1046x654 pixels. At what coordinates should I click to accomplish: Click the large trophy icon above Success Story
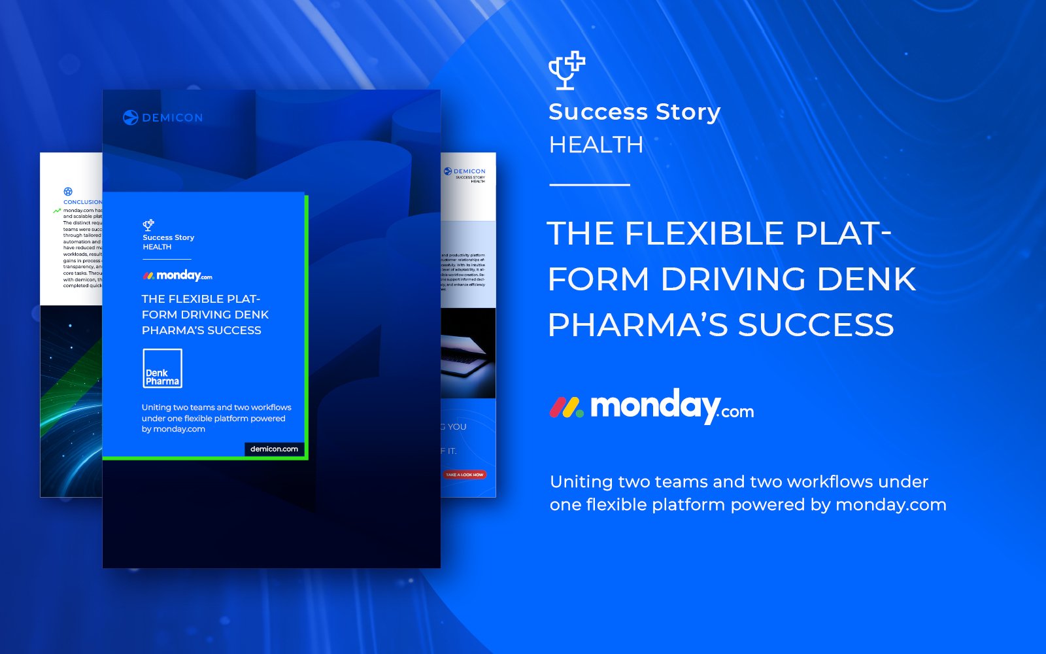(x=566, y=70)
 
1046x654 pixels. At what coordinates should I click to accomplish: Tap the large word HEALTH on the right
(x=596, y=145)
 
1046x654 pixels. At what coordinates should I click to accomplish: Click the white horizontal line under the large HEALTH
(x=589, y=185)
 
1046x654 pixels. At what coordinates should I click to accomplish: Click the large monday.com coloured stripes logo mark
(x=566, y=407)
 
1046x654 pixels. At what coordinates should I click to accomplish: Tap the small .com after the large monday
(x=737, y=412)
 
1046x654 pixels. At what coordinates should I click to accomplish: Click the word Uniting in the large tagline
(x=581, y=482)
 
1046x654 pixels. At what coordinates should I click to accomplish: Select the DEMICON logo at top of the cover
(x=163, y=118)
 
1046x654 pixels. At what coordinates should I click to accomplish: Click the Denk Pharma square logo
(x=162, y=368)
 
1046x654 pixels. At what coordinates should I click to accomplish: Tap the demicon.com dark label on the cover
(x=274, y=449)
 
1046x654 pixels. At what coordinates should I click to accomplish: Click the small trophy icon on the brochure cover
(x=148, y=225)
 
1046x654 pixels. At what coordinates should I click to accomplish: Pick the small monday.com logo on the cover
(x=178, y=275)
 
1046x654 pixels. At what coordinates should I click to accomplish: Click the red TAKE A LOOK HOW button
(x=464, y=475)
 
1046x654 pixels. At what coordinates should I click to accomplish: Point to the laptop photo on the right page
(x=467, y=353)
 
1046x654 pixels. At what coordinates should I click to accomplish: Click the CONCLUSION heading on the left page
(x=82, y=202)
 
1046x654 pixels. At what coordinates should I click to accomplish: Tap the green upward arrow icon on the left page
(x=57, y=211)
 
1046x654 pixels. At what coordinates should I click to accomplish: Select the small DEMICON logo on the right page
(x=465, y=171)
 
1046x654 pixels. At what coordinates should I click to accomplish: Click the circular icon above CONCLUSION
(x=68, y=192)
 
